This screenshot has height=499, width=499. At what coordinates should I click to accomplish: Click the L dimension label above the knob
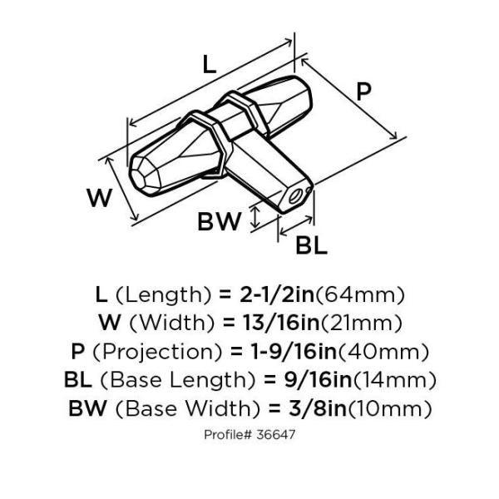point(210,65)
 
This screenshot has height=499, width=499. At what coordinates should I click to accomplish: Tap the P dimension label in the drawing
point(363,91)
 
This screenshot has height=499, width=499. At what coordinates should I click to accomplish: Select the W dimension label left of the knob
point(99,198)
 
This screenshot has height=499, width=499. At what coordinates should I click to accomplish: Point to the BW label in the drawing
point(220,221)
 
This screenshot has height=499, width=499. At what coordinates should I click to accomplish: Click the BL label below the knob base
point(311,245)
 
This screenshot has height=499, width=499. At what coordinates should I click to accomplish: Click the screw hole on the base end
point(294,196)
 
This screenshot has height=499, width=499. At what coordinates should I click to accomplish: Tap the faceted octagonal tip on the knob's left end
point(140,176)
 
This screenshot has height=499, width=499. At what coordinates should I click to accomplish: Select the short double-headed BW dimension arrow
point(255,217)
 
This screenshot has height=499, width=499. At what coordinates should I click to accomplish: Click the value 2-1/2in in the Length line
point(277,295)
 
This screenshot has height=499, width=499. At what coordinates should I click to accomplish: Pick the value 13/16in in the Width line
point(281,323)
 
